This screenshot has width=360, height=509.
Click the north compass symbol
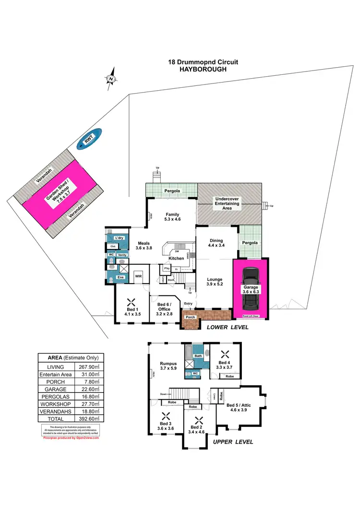coord(111,79)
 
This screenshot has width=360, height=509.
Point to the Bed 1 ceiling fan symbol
coord(131,302)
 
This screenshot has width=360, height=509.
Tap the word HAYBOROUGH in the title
coord(203,69)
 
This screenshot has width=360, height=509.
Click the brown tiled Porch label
coord(190,318)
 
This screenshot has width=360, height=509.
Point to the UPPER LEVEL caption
coord(233,442)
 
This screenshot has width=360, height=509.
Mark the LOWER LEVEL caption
coord(227,327)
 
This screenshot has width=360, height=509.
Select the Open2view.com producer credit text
coord(71,438)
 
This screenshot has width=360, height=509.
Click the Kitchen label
coord(176,258)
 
